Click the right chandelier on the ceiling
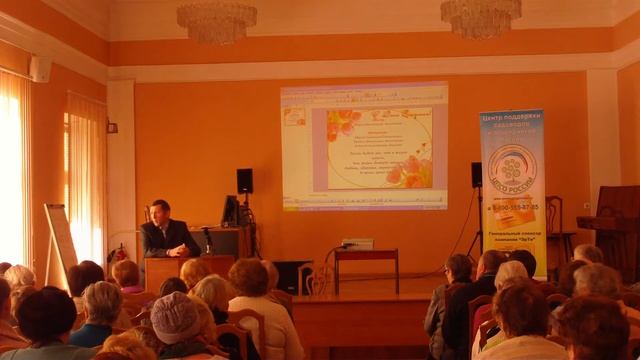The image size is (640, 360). pos(481,16)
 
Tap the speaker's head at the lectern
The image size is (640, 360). pos(160,211)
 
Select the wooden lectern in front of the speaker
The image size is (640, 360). pos(165,271)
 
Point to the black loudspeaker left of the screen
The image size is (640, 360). pos(244,181)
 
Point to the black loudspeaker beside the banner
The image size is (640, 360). pos(476,175)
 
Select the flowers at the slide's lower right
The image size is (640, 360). pos(412,171)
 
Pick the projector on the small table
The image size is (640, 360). pos(357,243)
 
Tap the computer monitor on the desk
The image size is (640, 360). pos(230,211)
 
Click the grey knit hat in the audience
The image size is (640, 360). pos(175,317)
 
